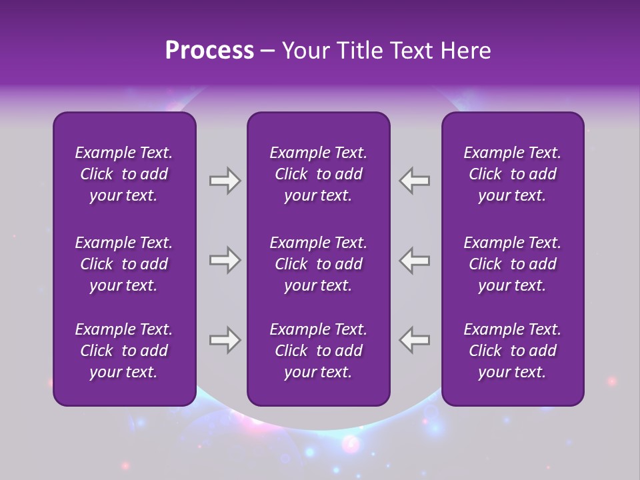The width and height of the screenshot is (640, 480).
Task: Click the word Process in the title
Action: tap(209, 51)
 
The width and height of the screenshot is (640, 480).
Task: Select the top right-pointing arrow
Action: tap(225, 181)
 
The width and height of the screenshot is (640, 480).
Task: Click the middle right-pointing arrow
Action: tap(225, 260)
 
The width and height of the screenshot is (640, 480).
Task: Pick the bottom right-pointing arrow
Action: tap(225, 340)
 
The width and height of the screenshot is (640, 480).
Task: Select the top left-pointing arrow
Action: tap(415, 181)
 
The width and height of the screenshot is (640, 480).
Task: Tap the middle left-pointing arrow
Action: tap(415, 260)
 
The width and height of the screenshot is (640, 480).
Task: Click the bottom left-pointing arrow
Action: tap(415, 340)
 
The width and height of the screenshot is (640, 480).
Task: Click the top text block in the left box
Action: tap(124, 174)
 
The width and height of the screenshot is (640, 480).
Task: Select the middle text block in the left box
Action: tap(124, 264)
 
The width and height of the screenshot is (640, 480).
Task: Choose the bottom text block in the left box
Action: tap(124, 351)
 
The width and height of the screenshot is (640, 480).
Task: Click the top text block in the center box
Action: tap(318, 174)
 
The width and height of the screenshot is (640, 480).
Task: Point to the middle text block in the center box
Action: tap(318, 264)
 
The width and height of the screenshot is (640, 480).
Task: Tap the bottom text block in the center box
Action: tap(318, 351)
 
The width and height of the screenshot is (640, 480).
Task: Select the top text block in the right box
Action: tap(512, 174)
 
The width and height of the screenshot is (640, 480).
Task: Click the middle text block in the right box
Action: tap(512, 264)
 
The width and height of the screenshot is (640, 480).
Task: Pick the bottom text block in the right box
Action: tap(512, 351)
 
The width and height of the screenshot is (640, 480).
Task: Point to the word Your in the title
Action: tap(303, 51)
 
